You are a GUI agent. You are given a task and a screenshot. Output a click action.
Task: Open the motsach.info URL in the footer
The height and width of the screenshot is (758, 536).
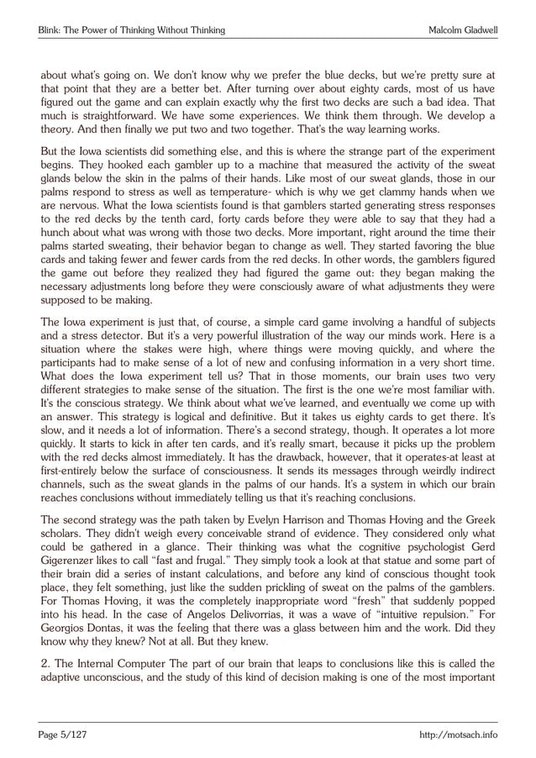pos(458,735)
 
